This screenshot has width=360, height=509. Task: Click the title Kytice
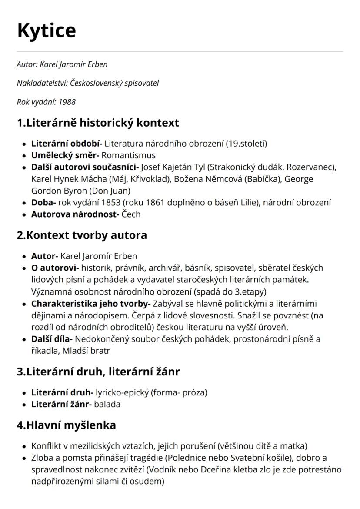click(46, 30)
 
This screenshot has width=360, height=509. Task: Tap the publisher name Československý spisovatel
click(115, 83)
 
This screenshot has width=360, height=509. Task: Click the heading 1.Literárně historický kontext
click(98, 123)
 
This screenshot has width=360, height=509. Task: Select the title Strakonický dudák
click(246, 167)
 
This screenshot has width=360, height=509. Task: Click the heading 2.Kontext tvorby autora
click(82, 235)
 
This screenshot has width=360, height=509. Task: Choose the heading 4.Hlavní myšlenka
click(67, 425)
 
